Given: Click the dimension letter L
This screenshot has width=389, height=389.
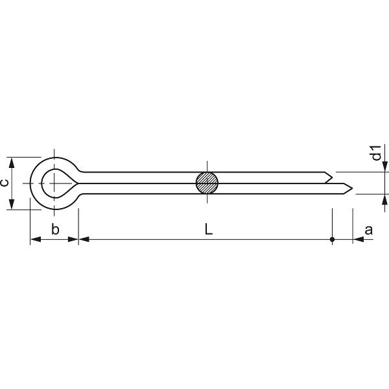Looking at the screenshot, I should (x=207, y=229).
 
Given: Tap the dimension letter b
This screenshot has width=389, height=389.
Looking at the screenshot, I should (x=55, y=230).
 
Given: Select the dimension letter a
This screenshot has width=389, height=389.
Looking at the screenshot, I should (x=369, y=229).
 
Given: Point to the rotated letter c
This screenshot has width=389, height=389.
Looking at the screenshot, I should (x=5, y=183).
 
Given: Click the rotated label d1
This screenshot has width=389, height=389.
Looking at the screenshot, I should (x=375, y=154).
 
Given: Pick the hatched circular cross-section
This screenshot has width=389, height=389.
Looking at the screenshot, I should (x=207, y=183).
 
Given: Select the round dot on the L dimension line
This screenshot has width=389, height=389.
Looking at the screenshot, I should (x=333, y=240).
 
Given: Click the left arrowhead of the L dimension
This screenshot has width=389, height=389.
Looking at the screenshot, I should (x=83, y=240).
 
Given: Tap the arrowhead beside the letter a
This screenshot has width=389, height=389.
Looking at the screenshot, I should (x=358, y=240).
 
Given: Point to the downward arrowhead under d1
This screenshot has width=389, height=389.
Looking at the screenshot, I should (x=384, y=167).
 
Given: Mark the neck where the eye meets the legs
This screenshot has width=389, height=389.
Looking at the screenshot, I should (x=81, y=183).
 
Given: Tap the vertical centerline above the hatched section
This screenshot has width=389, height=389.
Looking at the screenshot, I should (x=207, y=165).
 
